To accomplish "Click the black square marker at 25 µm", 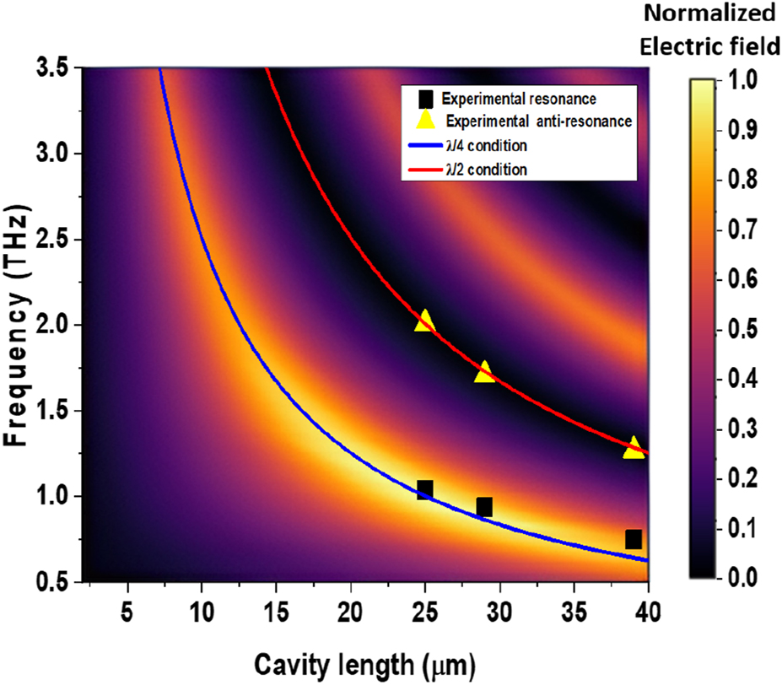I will pyautogui.click(x=424, y=489).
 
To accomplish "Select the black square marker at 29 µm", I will pyautogui.click(x=484, y=507).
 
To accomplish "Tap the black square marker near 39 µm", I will pyautogui.click(x=634, y=539).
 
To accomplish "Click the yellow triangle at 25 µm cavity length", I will pyautogui.click(x=424, y=321).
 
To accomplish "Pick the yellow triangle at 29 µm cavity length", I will pyautogui.click(x=484, y=371).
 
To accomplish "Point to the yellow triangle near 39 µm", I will pyautogui.click(x=634, y=448).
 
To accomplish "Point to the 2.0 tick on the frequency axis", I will pyautogui.click(x=56, y=325).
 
